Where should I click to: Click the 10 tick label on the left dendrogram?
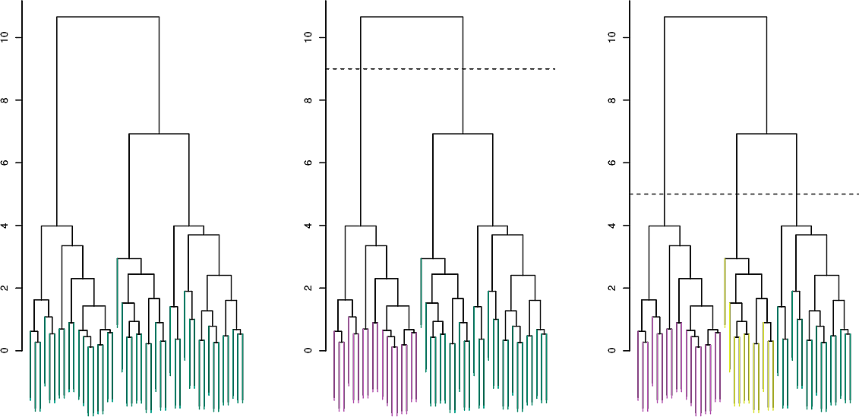coord(6,37)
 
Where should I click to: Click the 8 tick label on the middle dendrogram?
coord(310,100)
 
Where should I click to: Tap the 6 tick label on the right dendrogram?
coord(614,163)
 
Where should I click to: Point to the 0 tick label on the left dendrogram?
coord(6,351)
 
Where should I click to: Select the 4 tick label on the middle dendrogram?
coord(310,226)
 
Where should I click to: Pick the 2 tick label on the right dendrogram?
coord(614,288)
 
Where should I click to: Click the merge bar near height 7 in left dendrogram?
coord(159,134)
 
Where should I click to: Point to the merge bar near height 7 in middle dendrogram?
coord(463,134)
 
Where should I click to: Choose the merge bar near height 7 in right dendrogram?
coord(766,134)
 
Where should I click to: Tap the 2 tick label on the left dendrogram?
coord(6,288)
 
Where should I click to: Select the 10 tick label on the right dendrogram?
coord(614,37)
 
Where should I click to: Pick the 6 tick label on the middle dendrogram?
coord(310,163)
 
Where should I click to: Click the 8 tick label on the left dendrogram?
coord(6,100)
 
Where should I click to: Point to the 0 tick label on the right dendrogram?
coord(614,351)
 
